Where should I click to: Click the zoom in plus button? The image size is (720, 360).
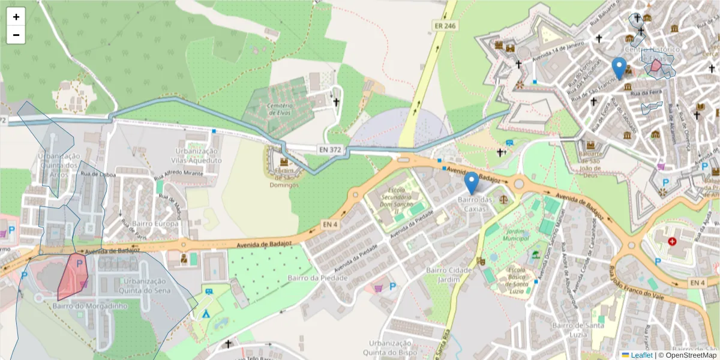[16, 17]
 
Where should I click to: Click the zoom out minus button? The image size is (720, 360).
[16, 35]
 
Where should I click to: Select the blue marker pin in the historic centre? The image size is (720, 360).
[619, 68]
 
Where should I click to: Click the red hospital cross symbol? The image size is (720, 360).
[672, 241]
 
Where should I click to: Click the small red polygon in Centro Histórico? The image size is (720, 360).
[656, 65]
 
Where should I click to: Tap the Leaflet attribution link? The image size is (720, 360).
[641, 355]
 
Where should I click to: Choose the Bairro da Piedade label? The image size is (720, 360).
[317, 278]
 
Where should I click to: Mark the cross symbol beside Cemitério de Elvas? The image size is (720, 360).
[337, 102]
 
